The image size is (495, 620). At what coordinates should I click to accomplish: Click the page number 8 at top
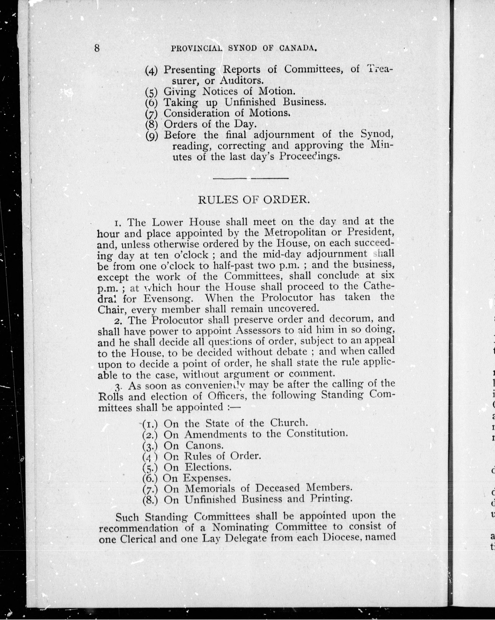(x=97, y=48)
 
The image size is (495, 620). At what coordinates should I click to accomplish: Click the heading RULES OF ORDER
(x=254, y=200)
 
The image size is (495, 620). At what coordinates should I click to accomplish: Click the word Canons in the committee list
(x=204, y=445)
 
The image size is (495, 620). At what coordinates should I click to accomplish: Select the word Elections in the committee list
(x=208, y=467)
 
